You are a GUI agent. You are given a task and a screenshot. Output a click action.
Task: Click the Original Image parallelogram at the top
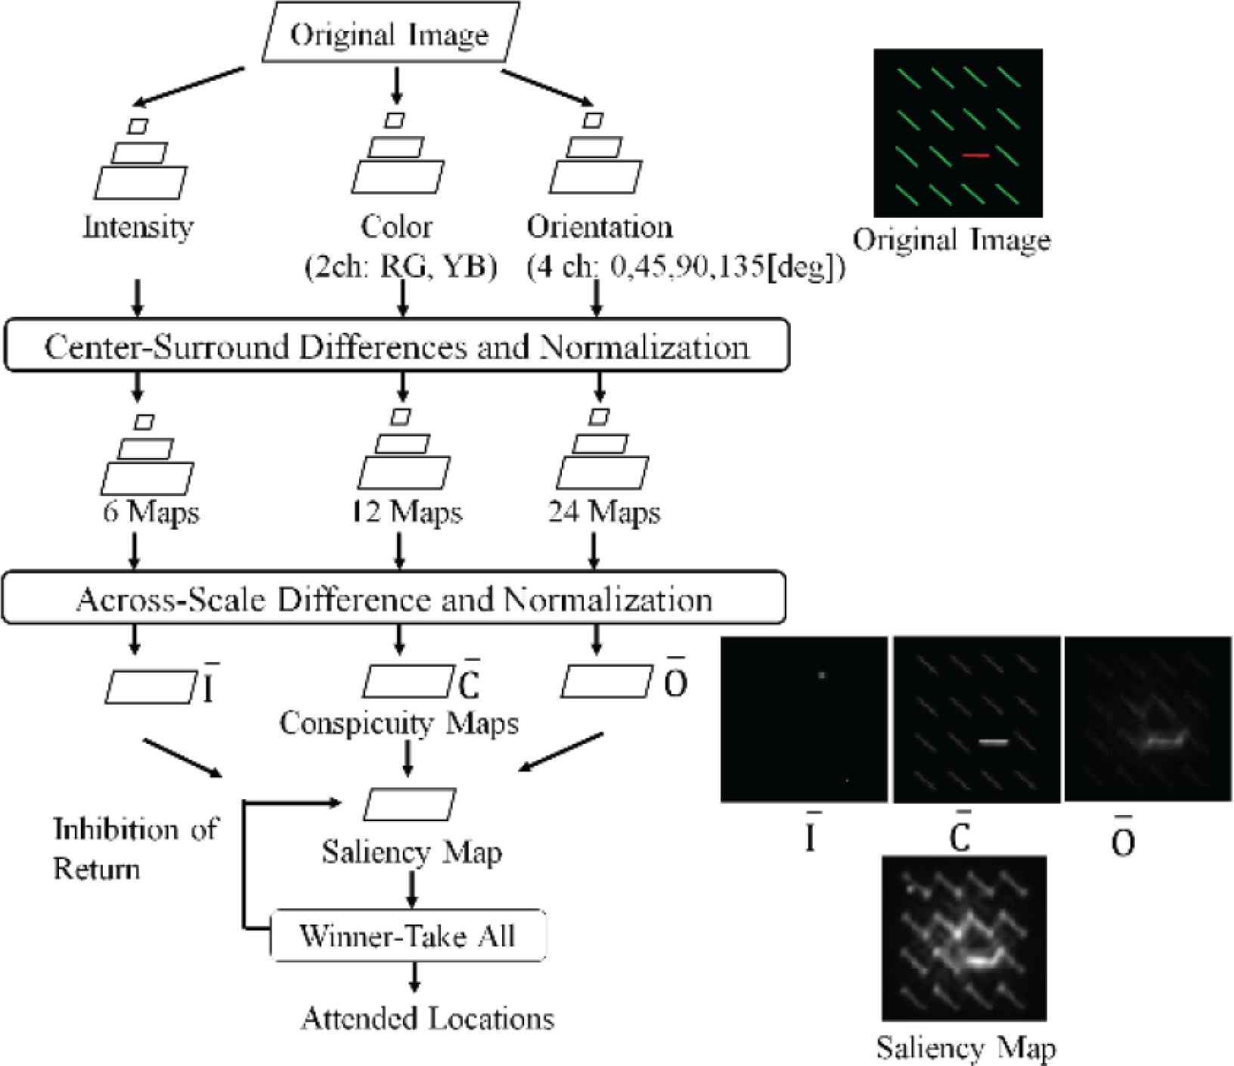pos(390,35)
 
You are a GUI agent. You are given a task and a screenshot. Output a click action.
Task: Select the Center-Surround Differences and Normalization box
pos(397,346)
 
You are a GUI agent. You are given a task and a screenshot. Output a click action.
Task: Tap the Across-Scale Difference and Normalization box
pos(394,599)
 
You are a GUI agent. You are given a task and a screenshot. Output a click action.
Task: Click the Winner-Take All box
pos(408,936)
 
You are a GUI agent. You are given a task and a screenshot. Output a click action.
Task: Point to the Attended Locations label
pos(428,1018)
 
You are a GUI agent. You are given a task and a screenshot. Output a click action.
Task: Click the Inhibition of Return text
pos(135,848)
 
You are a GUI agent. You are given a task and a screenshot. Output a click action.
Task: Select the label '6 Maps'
pos(151,513)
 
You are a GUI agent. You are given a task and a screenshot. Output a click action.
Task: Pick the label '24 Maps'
pos(604,513)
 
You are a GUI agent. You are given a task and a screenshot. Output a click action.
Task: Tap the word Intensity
pos(138,226)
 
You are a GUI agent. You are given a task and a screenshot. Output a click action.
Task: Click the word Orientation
pos(600,226)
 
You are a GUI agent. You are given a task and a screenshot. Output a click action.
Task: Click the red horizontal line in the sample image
pos(975,156)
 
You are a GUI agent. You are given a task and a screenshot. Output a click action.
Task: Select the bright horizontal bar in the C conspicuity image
pos(994,742)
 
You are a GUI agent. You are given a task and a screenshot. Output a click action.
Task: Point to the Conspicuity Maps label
pos(399,723)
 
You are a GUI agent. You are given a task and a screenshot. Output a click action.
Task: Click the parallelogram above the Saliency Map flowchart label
pos(409,804)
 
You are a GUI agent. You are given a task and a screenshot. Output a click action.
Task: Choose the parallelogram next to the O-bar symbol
pos(606,681)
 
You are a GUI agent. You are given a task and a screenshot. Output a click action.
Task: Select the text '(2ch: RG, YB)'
pos(401,267)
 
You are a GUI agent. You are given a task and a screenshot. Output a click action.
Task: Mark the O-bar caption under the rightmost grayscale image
pos(1123,837)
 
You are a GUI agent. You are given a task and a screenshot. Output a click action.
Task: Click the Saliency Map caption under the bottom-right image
pos(966,1048)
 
